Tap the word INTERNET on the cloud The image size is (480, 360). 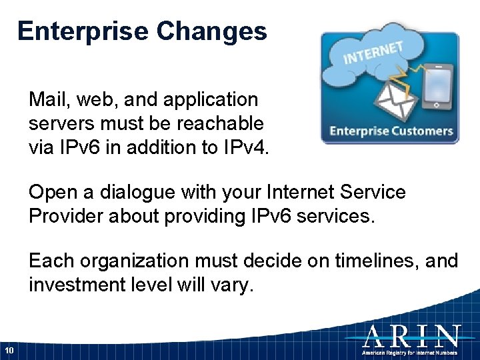pyautogui.click(x=373, y=53)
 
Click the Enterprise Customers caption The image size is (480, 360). pyautogui.click(x=391, y=131)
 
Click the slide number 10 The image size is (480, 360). pyautogui.click(x=9, y=351)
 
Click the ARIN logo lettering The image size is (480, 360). pyautogui.click(x=410, y=335)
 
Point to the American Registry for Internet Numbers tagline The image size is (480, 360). pyautogui.click(x=410, y=352)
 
